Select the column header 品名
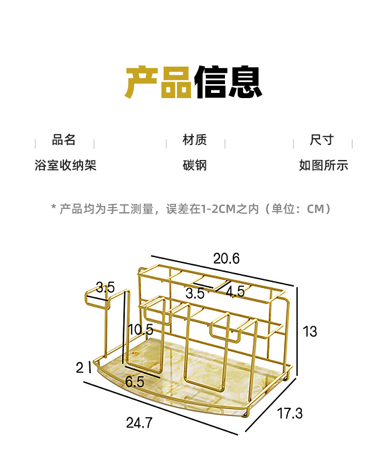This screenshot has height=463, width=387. coord(64,140)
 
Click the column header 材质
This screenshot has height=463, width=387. coord(195,140)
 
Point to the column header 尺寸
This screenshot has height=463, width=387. coord(322,140)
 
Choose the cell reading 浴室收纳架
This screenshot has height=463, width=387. coord(66,166)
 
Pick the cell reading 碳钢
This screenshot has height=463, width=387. coord(195,166)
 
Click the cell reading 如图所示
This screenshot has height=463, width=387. coord(324,166)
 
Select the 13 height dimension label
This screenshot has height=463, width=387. coord(310,331)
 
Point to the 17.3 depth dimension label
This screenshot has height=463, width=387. coord(289,413)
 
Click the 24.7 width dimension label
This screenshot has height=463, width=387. coord(139,423)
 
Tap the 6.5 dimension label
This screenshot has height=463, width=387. coord(135,382)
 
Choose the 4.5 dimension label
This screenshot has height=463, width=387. coord(235,291)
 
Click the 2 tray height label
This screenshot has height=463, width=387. coord(79,368)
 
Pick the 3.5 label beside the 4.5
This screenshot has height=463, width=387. coord(195,294)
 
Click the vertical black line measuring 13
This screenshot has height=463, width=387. coord(298,330)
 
